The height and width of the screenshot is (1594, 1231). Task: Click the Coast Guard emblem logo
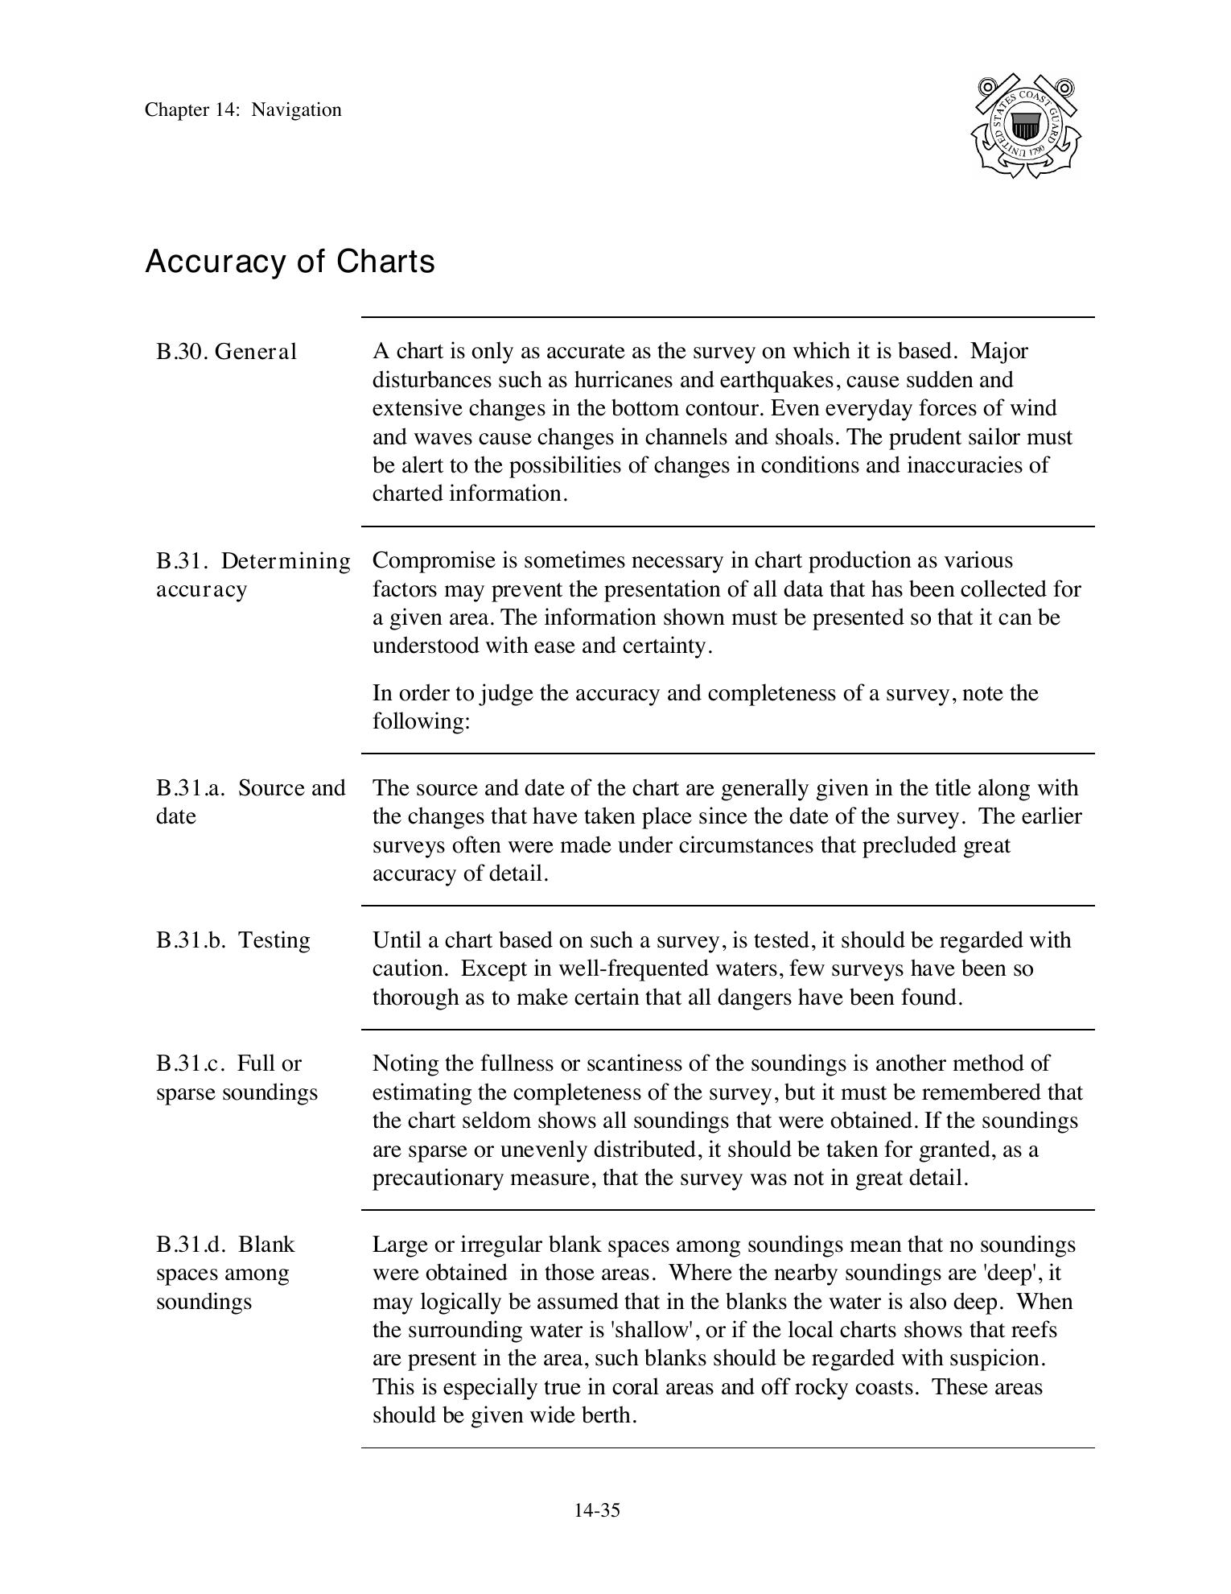[x=1026, y=126]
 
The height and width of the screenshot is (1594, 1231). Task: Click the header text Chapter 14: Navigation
[x=243, y=110]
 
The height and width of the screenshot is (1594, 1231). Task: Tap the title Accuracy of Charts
[x=290, y=262]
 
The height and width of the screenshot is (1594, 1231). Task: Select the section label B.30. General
[x=226, y=352]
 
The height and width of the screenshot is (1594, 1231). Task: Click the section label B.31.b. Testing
[x=233, y=940]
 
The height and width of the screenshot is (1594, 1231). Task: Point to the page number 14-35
[x=596, y=1510]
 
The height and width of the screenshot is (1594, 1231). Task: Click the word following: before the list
[x=420, y=721]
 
